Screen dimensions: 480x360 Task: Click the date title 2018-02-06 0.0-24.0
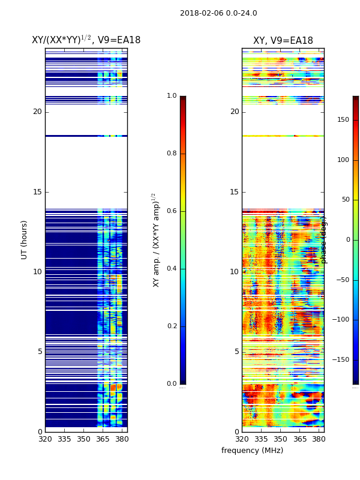pyautogui.click(x=218, y=13)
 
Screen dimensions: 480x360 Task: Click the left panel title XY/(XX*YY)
pyautogui.click(x=86, y=40)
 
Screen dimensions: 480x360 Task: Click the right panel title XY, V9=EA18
pyautogui.click(x=283, y=41)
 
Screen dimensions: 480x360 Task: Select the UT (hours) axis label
pyautogui.click(x=25, y=239)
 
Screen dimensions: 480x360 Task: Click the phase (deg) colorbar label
pyautogui.click(x=324, y=240)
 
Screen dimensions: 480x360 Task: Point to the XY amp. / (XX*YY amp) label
pyautogui.click(x=156, y=240)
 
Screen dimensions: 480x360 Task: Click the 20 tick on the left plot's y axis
pyautogui.click(x=37, y=112)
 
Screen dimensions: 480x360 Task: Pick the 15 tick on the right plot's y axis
pyautogui.click(x=235, y=192)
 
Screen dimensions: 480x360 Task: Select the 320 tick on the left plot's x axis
pyautogui.click(x=45, y=439)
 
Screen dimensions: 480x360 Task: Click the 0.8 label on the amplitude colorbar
pyautogui.click(x=172, y=154)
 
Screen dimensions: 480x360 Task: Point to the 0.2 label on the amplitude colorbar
pyautogui.click(x=172, y=326)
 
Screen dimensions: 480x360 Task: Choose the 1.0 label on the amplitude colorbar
pyautogui.click(x=172, y=96)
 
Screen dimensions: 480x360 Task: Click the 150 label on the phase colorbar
pyautogui.click(x=343, y=120)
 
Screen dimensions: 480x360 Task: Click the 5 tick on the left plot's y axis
pyautogui.click(x=40, y=352)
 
